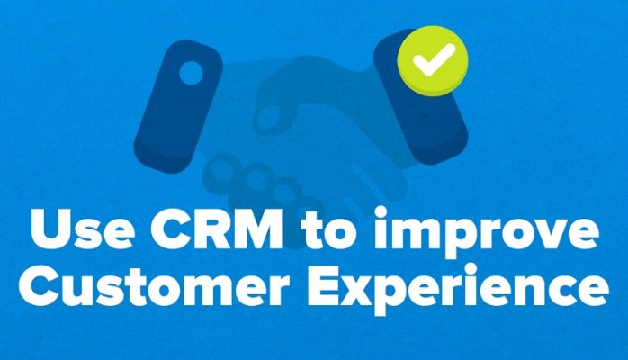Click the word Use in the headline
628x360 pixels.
pos(81,229)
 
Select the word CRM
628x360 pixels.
pos(215,229)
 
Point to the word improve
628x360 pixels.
pos(486,232)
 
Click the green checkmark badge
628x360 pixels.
pos(433,61)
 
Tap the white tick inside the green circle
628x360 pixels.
pos(434,60)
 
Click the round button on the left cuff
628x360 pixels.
pos(191,73)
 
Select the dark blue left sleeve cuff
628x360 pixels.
pos(178,106)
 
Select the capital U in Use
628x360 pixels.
pos(49,229)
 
